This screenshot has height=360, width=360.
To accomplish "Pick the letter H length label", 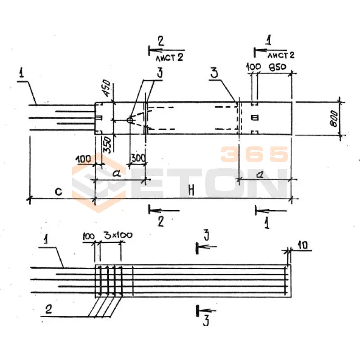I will click(192, 190).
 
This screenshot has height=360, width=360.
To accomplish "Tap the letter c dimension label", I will click(58, 192).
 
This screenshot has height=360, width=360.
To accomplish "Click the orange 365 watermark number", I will click(254, 154).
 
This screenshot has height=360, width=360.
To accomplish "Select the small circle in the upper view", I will click(130, 120).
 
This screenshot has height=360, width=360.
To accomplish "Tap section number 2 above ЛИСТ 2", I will click(161, 42).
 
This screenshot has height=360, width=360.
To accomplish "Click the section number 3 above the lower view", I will click(205, 234).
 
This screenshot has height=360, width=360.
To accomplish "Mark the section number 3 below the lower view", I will click(205, 320).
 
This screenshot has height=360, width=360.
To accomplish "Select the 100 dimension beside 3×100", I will click(90, 235).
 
